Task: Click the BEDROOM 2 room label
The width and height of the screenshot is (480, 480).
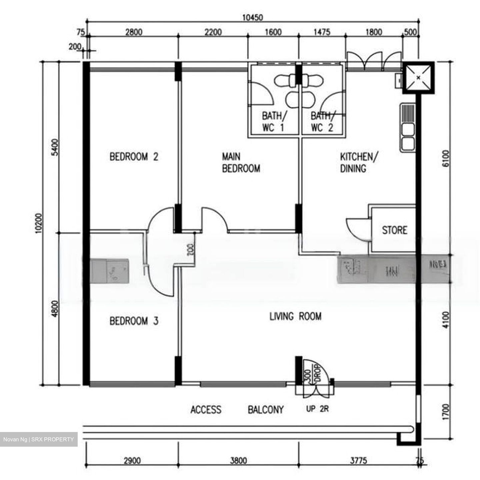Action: (134, 156)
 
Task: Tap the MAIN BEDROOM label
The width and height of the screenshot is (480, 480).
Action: (241, 162)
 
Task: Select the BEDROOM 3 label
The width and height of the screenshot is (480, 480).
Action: (134, 321)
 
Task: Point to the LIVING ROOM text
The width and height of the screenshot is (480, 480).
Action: (295, 316)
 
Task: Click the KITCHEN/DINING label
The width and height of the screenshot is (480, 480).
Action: (359, 162)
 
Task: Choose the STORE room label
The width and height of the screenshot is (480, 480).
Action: (394, 230)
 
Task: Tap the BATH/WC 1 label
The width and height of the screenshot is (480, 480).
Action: (274, 122)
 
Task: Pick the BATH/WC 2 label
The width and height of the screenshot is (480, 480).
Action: (322, 122)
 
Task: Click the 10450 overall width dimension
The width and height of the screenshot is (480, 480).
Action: (252, 17)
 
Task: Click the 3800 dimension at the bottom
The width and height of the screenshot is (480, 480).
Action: (238, 461)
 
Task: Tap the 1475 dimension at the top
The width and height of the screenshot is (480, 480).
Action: (322, 32)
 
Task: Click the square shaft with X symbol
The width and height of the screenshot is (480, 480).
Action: (418, 78)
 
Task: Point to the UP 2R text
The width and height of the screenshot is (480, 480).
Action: (317, 409)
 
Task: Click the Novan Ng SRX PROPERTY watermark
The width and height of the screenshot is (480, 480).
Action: (39, 439)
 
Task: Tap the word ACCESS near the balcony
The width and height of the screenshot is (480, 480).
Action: (206, 409)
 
